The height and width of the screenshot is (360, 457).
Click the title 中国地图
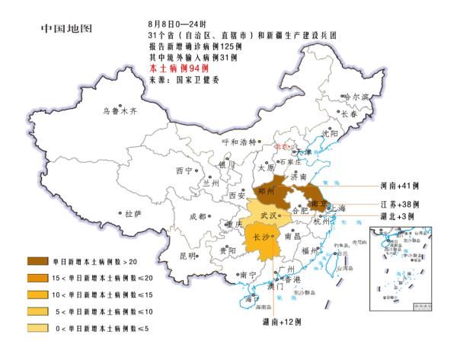click(66, 30)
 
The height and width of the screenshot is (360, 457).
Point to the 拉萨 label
click(133, 213)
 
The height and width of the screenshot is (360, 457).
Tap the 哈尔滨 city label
click(355, 97)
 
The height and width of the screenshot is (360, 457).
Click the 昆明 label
click(188, 256)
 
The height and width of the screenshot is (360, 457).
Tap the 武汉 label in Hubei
click(270, 216)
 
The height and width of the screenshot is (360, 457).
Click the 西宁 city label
click(184, 170)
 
